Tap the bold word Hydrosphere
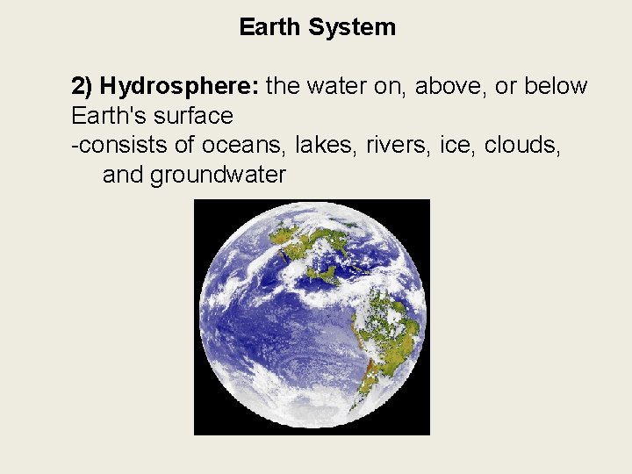pyautogui.click(x=180, y=86)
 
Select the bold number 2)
pyautogui.click(x=83, y=86)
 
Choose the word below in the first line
pyautogui.click(x=556, y=86)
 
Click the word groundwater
pyautogui.click(x=218, y=175)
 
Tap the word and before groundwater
pyautogui.click(x=123, y=175)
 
